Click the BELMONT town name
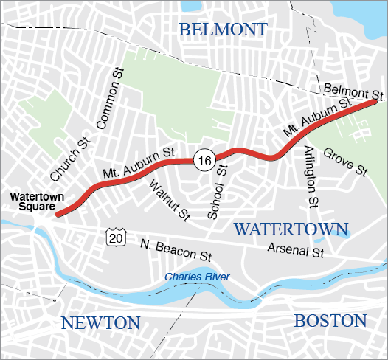(222, 30)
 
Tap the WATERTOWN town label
(291, 229)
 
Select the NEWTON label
(100, 322)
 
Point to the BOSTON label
(330, 321)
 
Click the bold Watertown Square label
(37, 201)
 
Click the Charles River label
(197, 277)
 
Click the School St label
(217, 193)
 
